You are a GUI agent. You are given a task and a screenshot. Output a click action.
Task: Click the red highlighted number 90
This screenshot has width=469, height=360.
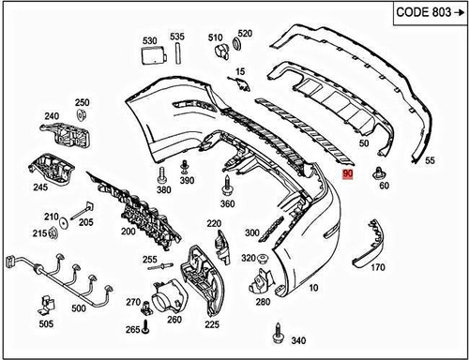pyautogui.click(x=347, y=174)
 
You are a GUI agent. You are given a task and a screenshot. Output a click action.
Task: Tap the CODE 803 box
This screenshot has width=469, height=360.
pyautogui.click(x=419, y=16)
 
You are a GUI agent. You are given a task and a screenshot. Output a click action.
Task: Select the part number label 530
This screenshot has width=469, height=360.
pyautogui.click(x=148, y=41)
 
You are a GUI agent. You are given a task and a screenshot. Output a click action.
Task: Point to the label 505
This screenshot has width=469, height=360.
pyautogui.click(x=46, y=325)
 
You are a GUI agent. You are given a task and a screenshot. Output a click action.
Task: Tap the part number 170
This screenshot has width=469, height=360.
pyautogui.click(x=378, y=267)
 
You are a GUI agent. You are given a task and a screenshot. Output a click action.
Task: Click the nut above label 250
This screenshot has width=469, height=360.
pyautogui.click(x=82, y=116)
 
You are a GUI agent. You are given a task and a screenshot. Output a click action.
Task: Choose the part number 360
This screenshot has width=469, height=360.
pyautogui.click(x=227, y=203)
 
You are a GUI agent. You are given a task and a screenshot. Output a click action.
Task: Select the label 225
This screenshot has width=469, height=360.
pyautogui.click(x=212, y=324)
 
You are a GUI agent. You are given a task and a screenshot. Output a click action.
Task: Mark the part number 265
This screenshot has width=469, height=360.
pyautogui.click(x=132, y=329)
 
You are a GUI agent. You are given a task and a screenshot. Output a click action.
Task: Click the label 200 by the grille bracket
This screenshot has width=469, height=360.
pyautogui.click(x=128, y=231)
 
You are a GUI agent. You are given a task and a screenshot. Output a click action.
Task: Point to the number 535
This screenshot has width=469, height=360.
pyautogui.click(x=177, y=37)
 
